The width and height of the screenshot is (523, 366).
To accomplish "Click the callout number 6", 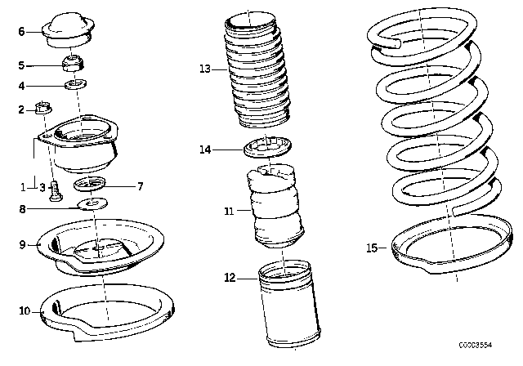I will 21,32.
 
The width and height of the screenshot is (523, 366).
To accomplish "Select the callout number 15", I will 372,248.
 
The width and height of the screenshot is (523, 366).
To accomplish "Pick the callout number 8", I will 22,209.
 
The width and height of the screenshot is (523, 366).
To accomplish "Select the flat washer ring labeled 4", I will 75,84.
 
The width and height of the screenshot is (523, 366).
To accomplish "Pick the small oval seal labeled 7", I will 92,183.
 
